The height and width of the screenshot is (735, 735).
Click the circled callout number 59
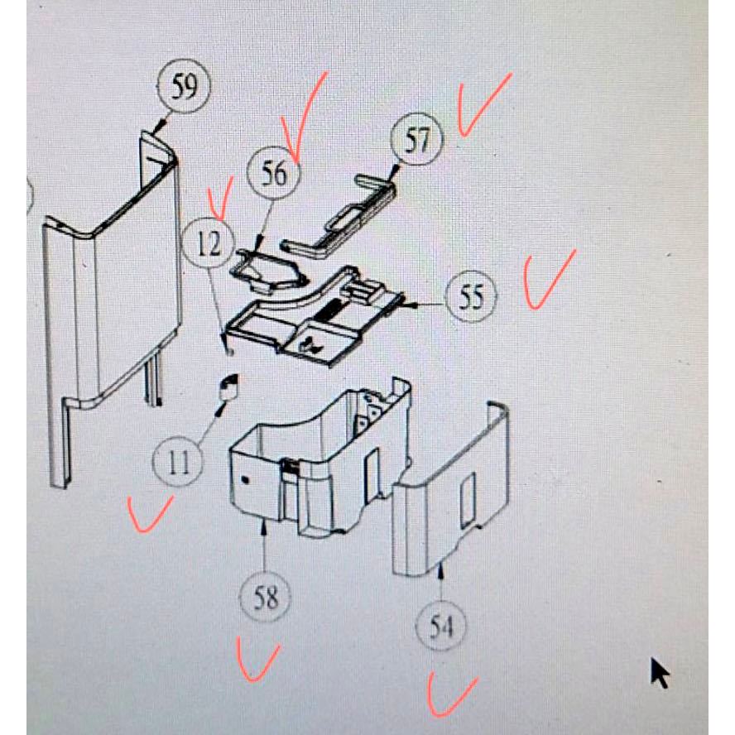coord(183,86)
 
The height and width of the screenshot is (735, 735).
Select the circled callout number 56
coord(274,173)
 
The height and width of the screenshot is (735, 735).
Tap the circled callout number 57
coord(417,139)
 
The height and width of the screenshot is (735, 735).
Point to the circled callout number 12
coord(209,243)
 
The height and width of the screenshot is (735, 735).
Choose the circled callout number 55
coord(471,296)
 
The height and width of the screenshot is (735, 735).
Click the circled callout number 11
coord(178,462)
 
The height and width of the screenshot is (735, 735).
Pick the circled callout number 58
coord(266,597)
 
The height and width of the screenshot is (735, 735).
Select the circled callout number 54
coord(441,627)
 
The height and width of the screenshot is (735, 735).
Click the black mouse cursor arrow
coord(660,674)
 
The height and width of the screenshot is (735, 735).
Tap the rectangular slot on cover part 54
coord(468,499)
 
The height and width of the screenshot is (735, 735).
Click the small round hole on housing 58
coord(245,479)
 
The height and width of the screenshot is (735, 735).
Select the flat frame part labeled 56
coord(269,271)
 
